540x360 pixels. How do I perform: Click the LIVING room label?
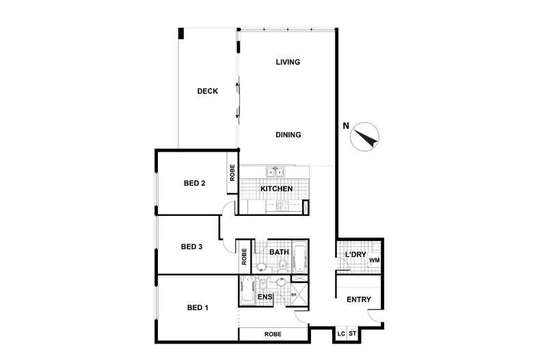(288, 62)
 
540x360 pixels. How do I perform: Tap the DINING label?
(288, 135)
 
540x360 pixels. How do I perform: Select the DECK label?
(207, 92)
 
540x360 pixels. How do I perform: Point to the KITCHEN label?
(277, 189)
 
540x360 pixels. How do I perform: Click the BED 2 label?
(194, 183)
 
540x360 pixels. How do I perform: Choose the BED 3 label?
(191, 247)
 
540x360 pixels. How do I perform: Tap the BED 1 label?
(198, 307)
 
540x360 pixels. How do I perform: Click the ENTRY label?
(358, 300)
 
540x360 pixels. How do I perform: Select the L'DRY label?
(355, 254)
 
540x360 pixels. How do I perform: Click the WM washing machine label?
(375, 260)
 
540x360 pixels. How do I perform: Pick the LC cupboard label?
(341, 334)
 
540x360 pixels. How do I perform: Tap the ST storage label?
(352, 333)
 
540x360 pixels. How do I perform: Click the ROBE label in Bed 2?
(232, 172)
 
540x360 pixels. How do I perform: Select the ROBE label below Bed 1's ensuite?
(273, 334)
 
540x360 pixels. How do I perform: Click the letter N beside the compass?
(346, 126)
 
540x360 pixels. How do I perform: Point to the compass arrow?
(366, 138)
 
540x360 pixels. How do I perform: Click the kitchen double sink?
(275, 171)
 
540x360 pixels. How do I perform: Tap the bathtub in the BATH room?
(300, 256)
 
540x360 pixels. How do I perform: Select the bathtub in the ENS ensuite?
(247, 290)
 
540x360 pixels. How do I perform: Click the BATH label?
(279, 252)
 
